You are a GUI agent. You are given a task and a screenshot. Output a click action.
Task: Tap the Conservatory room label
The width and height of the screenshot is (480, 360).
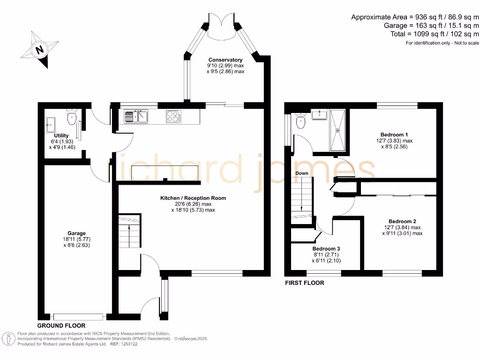[225, 60]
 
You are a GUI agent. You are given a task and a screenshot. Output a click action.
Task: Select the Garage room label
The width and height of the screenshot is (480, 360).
[76, 233]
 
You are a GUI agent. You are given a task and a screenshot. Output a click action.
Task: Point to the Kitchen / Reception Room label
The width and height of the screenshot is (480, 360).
[193, 198]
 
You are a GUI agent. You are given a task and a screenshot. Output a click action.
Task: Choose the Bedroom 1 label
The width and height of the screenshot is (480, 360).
[393, 134]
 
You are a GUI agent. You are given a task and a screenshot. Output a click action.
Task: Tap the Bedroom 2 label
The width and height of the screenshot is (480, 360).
[402, 221]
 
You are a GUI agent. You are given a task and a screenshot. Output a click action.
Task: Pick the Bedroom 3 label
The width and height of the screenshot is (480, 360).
[326, 248]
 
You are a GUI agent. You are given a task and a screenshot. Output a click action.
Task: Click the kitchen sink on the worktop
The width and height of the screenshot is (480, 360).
[136, 116]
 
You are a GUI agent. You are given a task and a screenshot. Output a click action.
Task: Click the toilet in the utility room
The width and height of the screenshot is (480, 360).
[72, 118]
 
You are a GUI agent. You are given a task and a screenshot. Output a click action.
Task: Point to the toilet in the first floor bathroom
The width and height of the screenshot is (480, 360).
[301, 122]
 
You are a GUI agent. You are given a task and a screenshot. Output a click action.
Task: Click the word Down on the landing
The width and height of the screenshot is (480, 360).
[302, 173]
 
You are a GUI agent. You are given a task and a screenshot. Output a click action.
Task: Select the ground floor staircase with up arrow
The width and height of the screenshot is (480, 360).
[129, 231]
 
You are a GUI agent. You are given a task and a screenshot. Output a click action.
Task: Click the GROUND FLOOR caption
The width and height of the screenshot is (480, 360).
[61, 325]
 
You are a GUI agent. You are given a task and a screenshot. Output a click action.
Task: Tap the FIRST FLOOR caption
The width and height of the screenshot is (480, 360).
[305, 283]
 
